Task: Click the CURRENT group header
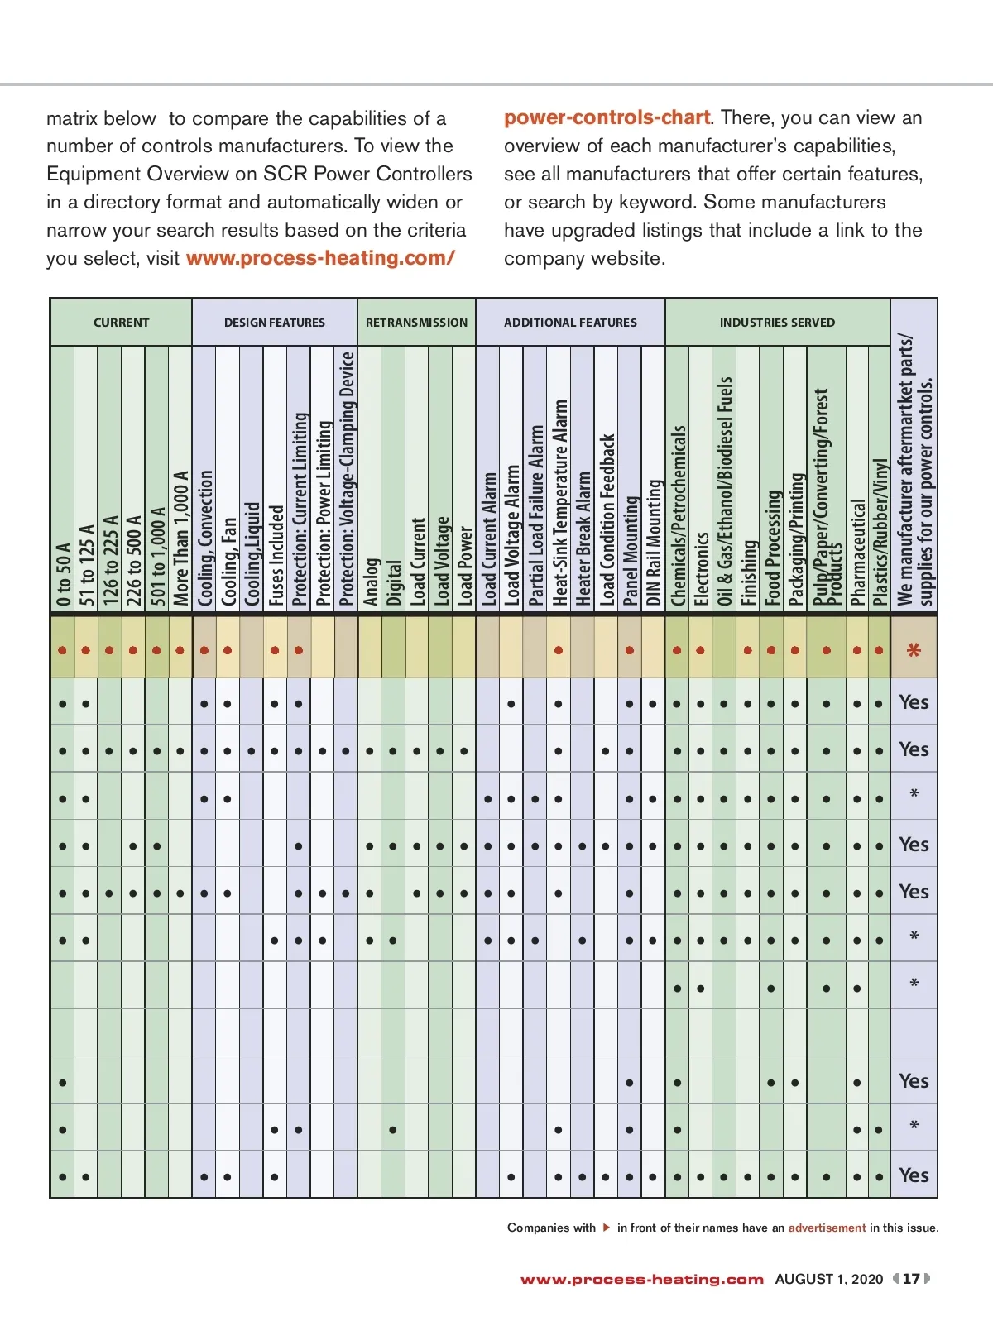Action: [x=121, y=323]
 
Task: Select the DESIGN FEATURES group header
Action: [x=274, y=323]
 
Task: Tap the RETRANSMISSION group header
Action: [x=416, y=323]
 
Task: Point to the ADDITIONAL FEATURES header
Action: [x=570, y=323]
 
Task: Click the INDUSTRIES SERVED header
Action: [x=777, y=323]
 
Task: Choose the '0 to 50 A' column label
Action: [x=63, y=574]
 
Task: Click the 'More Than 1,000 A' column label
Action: [x=180, y=538]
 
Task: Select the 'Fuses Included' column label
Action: [x=276, y=555]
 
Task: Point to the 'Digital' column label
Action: [x=394, y=582]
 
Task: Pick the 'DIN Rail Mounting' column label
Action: [x=654, y=542]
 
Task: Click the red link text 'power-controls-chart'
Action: [x=607, y=117]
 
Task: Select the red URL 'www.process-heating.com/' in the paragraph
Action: [x=320, y=258]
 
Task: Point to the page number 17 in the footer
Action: [x=911, y=1279]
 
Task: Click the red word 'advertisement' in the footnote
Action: [x=827, y=1228]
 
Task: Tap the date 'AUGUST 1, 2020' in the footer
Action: [x=828, y=1279]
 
